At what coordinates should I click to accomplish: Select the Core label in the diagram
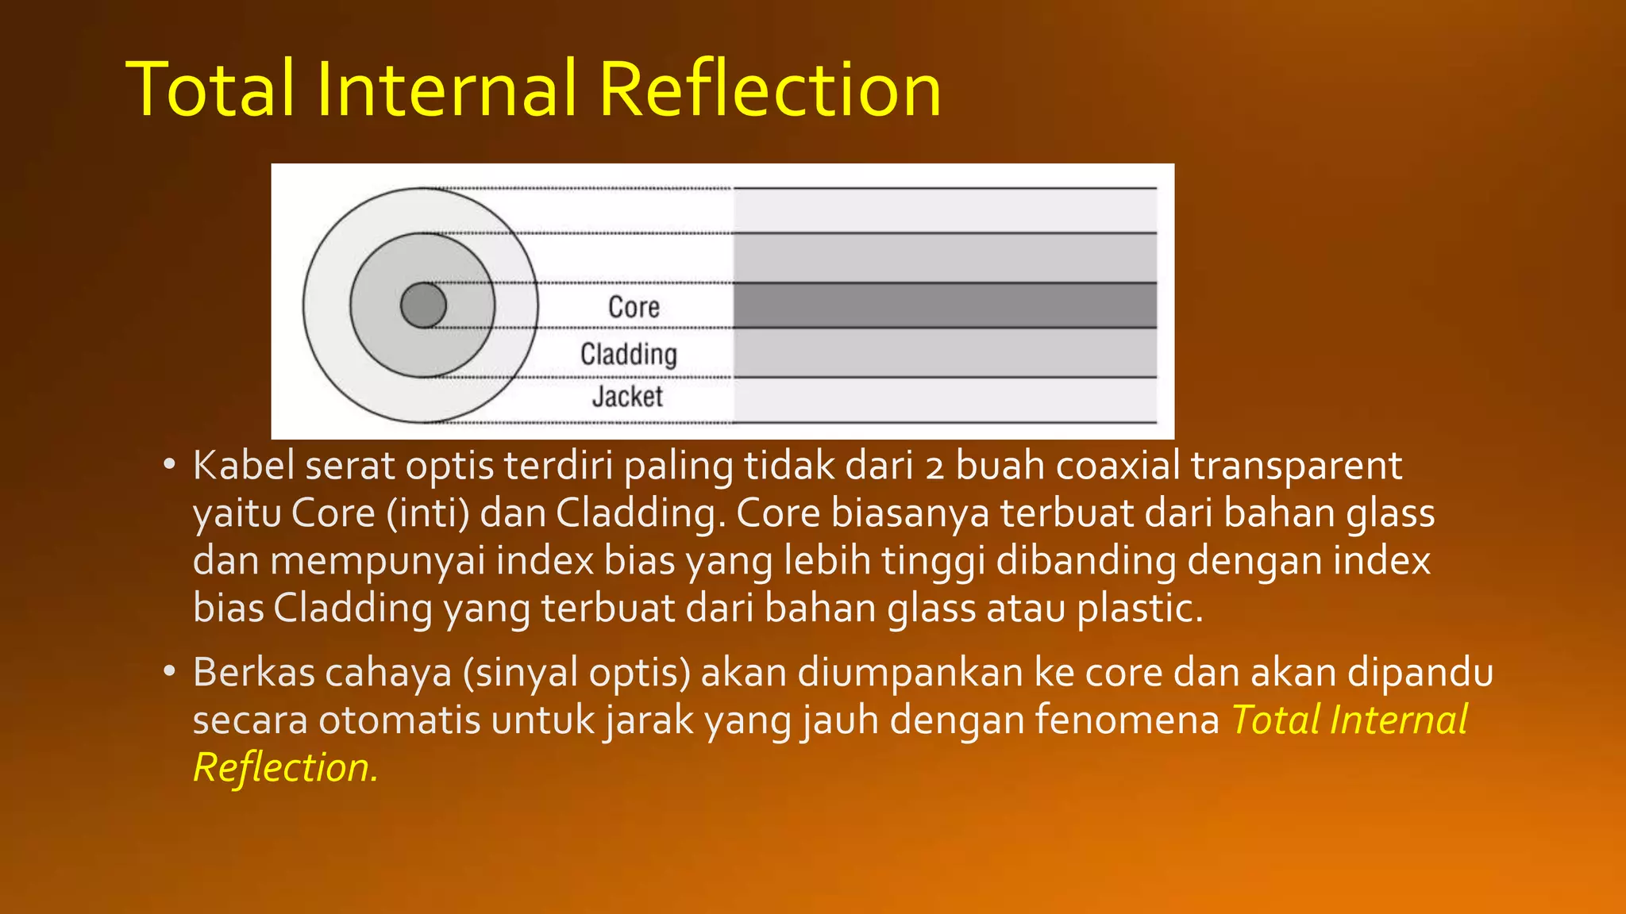click(634, 307)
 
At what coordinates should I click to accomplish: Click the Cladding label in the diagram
click(628, 354)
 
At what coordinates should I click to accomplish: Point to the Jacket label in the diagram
click(627, 396)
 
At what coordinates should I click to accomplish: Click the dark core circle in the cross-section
click(423, 305)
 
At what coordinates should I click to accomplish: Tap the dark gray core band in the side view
click(945, 305)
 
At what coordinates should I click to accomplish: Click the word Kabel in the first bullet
click(243, 466)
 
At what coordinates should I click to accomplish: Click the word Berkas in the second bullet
click(253, 672)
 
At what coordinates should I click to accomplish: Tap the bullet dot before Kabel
click(168, 465)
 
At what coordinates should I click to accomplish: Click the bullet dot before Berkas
click(168, 671)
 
